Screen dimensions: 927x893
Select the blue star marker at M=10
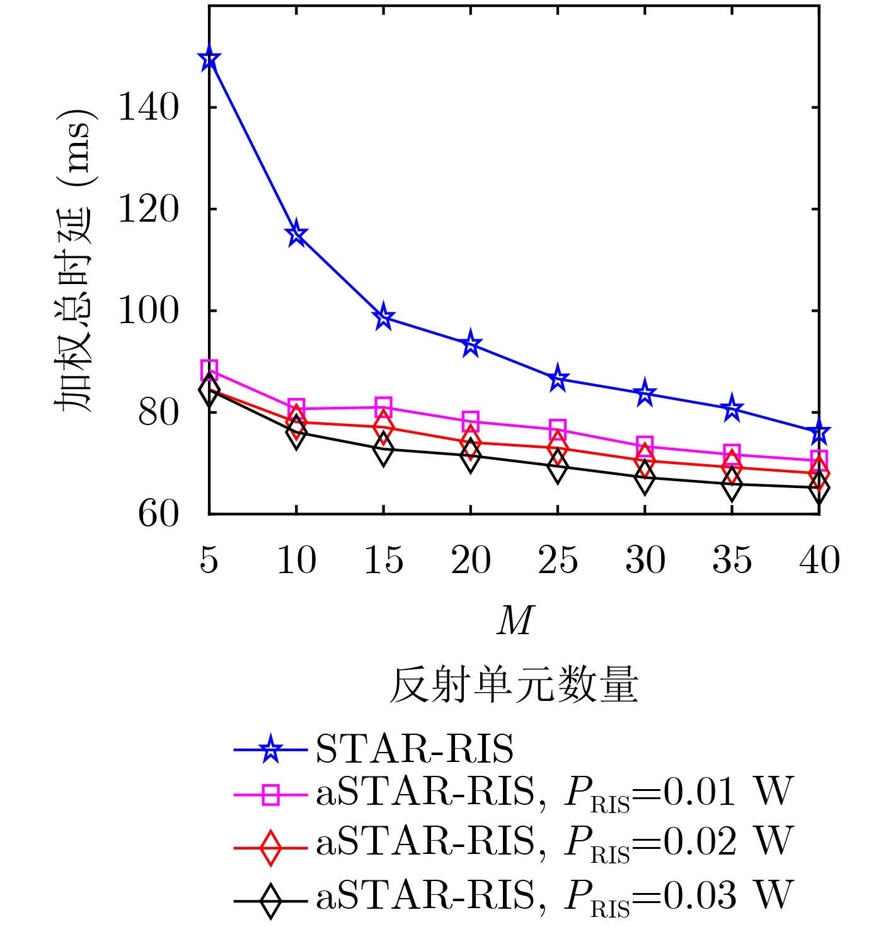(x=296, y=235)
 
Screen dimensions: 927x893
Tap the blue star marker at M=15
(x=383, y=317)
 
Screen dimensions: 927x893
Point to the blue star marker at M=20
(x=470, y=344)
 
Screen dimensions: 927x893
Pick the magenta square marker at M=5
(x=209, y=369)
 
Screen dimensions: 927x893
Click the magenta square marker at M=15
(x=383, y=406)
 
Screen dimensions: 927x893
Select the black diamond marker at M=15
(x=383, y=449)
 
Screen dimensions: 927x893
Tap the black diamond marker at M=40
(x=818, y=487)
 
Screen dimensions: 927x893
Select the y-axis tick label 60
(x=158, y=515)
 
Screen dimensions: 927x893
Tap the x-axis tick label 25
(x=557, y=560)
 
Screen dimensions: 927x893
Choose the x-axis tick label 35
(x=732, y=560)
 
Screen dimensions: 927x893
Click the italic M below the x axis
(x=514, y=621)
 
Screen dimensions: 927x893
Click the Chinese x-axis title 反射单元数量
(x=514, y=685)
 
